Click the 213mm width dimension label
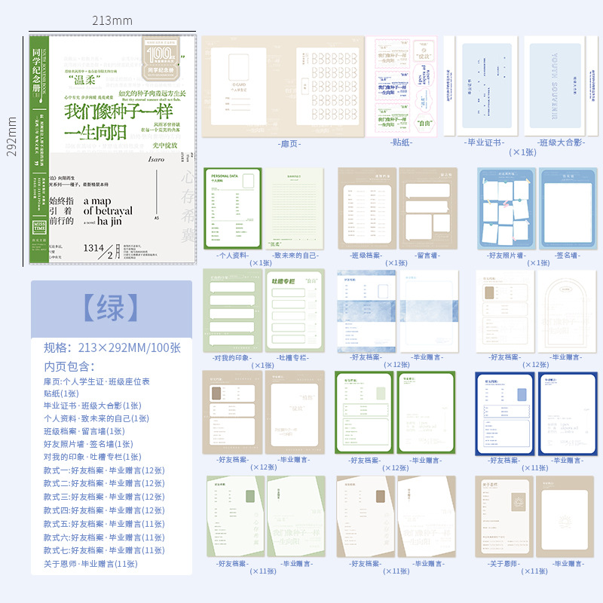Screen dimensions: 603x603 (113, 20)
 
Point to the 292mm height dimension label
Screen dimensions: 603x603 (11, 136)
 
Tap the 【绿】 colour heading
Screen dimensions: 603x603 (111, 308)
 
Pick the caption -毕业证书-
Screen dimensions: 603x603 (485, 142)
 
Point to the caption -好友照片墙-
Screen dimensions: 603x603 (507, 255)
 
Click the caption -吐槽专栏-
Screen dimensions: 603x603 (295, 357)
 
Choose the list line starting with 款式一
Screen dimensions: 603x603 (104, 471)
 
